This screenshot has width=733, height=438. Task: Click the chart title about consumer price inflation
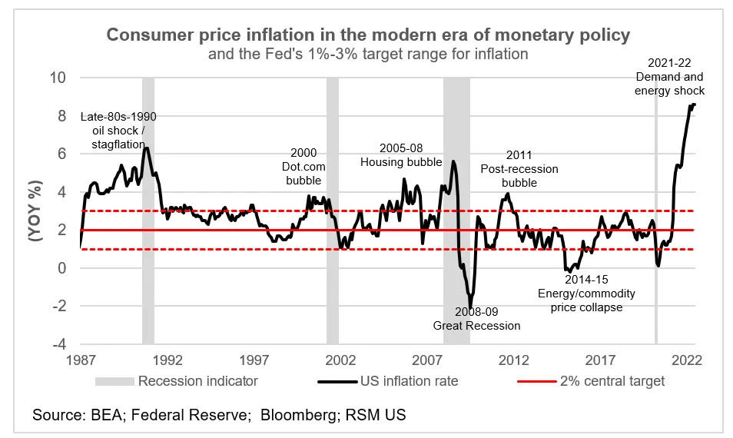point(367,35)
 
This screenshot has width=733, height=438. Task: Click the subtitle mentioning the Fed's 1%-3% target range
point(367,55)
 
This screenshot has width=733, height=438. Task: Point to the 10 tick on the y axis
point(58,78)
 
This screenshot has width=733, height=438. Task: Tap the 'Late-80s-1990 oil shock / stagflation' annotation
point(118,130)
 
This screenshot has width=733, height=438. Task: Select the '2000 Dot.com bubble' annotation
point(303,167)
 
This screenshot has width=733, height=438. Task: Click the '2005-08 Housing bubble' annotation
point(402,155)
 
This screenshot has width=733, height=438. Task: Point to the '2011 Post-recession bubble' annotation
point(519,168)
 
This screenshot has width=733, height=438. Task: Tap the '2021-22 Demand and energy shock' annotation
point(668,76)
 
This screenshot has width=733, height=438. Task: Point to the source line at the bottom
point(219,415)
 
